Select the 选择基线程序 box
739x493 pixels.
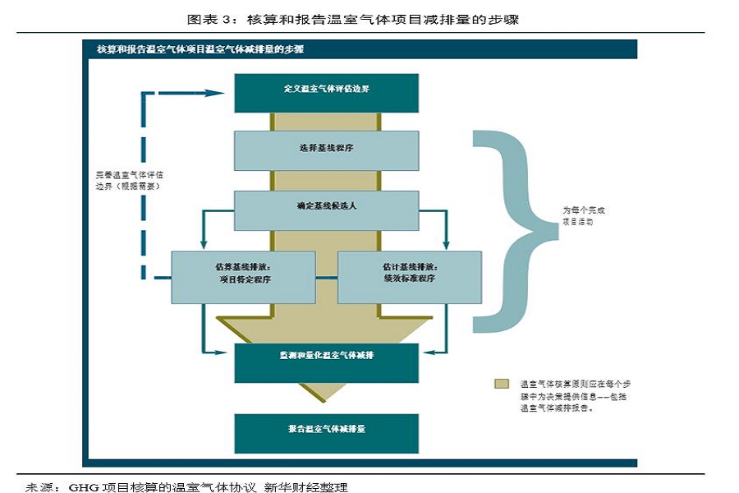326,150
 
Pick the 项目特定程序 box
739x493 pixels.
243,276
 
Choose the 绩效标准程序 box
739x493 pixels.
408,276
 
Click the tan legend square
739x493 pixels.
500,384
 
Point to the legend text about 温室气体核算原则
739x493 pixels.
575,395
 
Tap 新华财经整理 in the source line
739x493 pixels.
305,486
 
